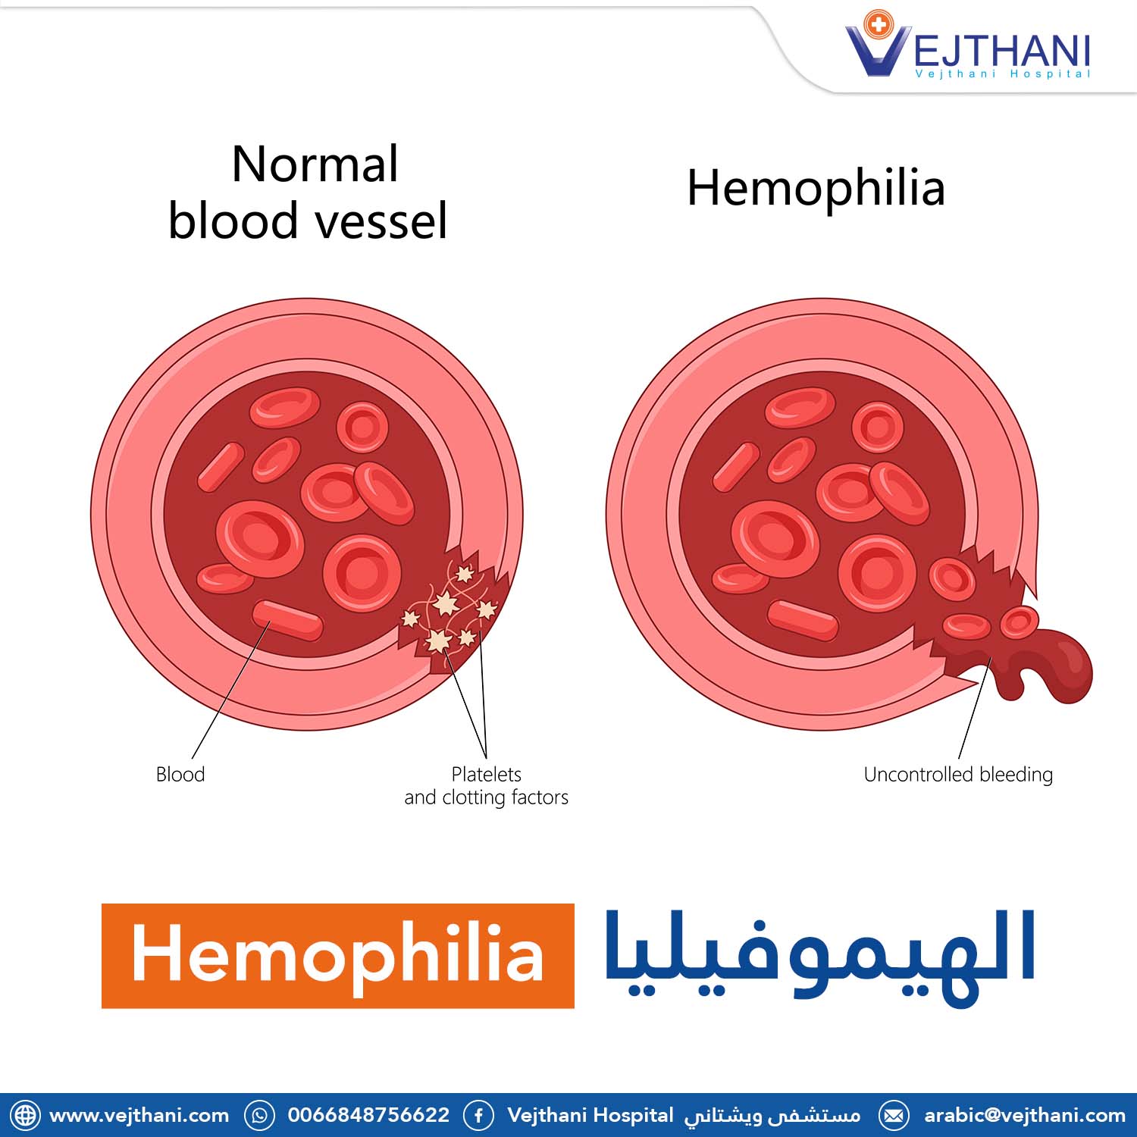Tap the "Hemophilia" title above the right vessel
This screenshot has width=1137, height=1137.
pos(816,189)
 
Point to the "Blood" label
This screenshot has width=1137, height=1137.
pos(180,774)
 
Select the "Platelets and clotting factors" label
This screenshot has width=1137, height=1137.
pos(486,785)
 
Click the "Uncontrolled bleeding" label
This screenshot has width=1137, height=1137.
pos(958,775)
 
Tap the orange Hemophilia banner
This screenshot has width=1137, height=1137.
pos(338,955)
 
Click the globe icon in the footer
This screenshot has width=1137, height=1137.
pos(25,1116)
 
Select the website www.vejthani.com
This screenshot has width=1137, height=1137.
pos(139,1116)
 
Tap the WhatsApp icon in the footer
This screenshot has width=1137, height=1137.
pos(259,1116)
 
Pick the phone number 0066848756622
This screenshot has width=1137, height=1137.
pos(368,1116)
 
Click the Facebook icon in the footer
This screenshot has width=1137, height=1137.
pos(478,1116)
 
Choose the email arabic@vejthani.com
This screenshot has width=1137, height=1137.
pos(1025,1116)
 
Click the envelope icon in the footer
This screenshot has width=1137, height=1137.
pos(894,1116)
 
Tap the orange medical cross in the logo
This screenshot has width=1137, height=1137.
pos(879,25)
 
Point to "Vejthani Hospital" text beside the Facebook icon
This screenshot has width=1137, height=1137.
pos(590,1116)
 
